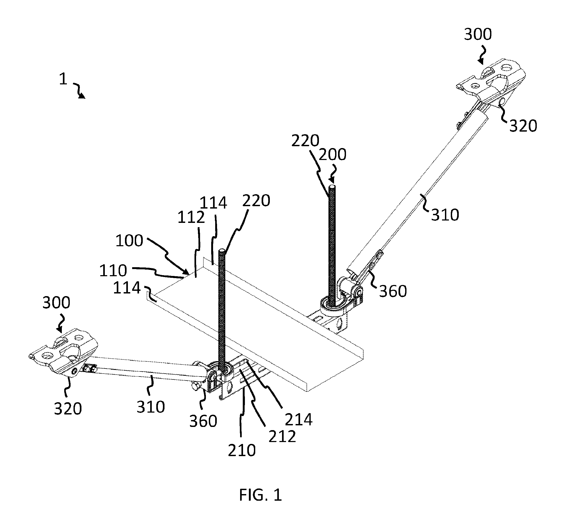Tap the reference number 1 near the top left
[x=63, y=79]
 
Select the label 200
[x=332, y=154]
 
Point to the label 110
[x=113, y=271]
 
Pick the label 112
[x=191, y=218]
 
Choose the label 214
[x=299, y=420]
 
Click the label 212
[x=282, y=436]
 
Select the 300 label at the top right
[x=478, y=34]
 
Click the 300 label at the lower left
[x=56, y=303]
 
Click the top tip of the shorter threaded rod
[x=222, y=250]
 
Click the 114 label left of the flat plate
[x=127, y=288]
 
